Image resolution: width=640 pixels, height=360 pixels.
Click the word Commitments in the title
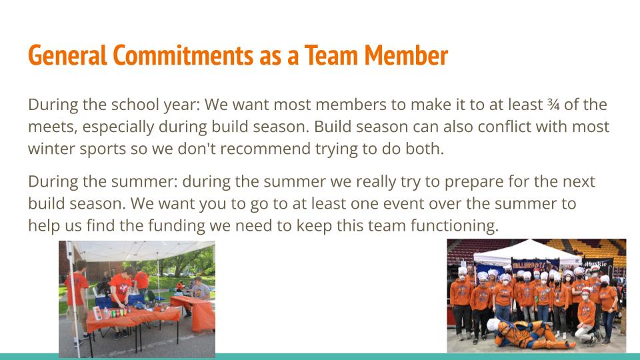(x=183, y=55)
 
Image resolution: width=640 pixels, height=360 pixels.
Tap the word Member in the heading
(x=406, y=55)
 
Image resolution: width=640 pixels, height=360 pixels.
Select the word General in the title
(x=67, y=55)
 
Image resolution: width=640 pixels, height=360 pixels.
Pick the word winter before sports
(x=52, y=149)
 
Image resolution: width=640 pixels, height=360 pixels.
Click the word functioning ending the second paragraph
(x=454, y=225)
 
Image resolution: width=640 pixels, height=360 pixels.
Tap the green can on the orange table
(x=114, y=314)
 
